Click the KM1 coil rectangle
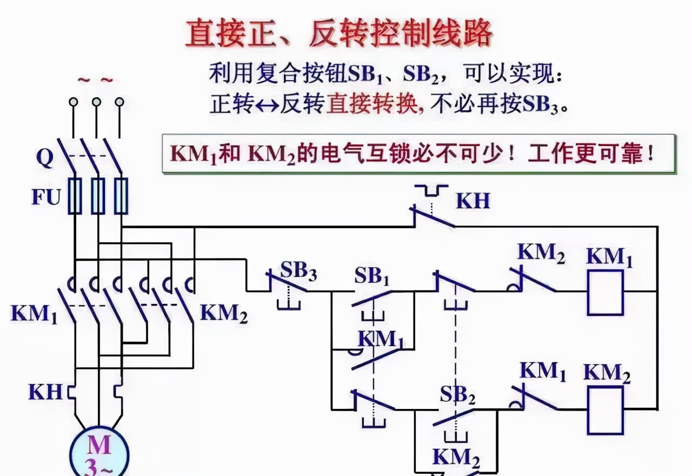click(605, 293)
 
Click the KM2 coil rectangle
click(605, 411)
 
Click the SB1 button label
click(372, 277)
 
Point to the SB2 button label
click(457, 395)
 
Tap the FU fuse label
click(45, 197)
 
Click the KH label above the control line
click(473, 201)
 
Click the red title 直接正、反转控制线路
click(339, 34)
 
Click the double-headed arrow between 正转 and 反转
click(266, 104)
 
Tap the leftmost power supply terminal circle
click(74, 102)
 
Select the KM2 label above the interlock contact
click(541, 254)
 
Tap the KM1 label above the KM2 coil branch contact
click(543, 372)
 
